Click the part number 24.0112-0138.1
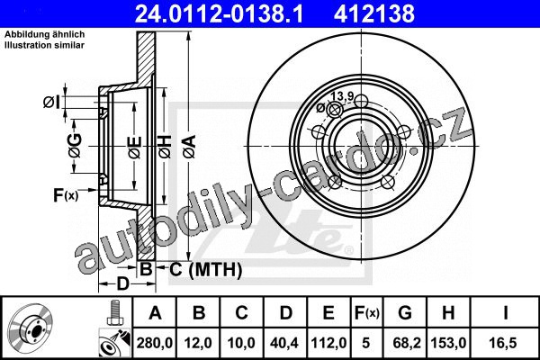pyautogui.click(x=219, y=13)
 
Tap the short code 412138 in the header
pyautogui.click(x=374, y=13)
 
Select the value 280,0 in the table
pyautogui.click(x=155, y=343)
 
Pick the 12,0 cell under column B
pyautogui.click(x=198, y=343)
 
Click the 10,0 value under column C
pyautogui.click(x=241, y=343)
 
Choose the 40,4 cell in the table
pyautogui.click(x=284, y=343)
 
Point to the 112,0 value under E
pyautogui.click(x=328, y=343)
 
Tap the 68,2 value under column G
pyautogui.click(x=405, y=343)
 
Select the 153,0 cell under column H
pyautogui.click(x=448, y=343)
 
